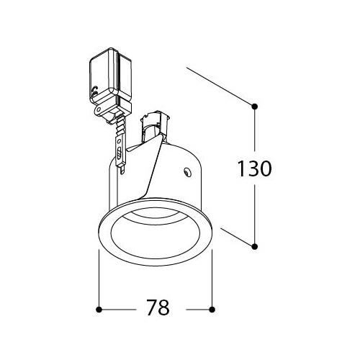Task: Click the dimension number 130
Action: coord(254,168)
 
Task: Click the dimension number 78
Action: coord(158,307)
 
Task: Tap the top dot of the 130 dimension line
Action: coord(255,107)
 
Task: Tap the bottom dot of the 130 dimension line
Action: coord(255,246)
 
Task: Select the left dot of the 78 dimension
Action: coord(99,310)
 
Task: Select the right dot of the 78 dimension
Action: coord(212,310)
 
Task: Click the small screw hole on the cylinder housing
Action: coord(187,172)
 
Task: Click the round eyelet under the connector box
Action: coord(98,109)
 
